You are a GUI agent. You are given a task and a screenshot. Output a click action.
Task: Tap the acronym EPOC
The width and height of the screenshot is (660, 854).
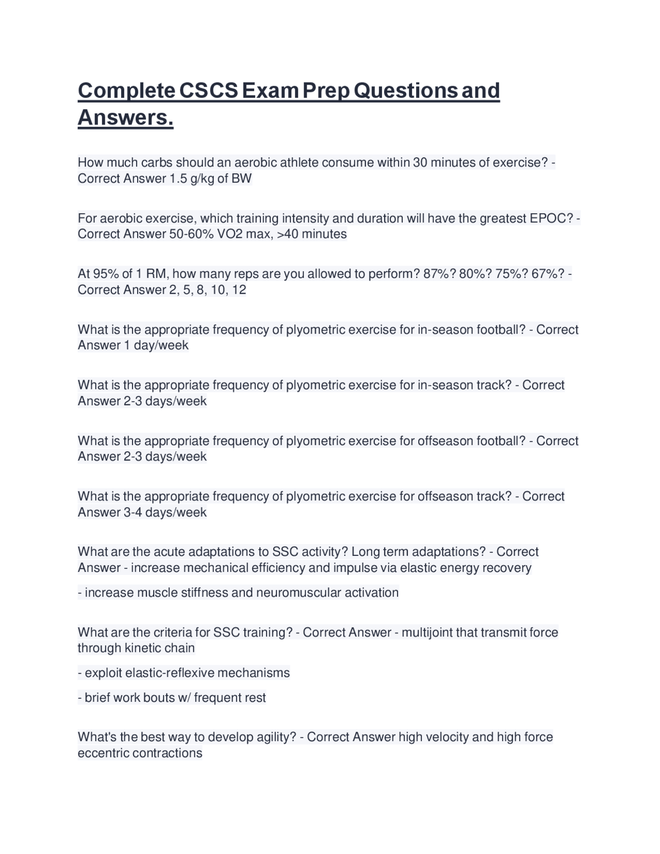click(551, 218)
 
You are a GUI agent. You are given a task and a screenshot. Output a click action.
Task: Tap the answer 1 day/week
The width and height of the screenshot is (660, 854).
click(156, 345)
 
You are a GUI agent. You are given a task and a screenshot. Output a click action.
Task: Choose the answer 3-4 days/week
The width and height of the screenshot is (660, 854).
click(165, 512)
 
